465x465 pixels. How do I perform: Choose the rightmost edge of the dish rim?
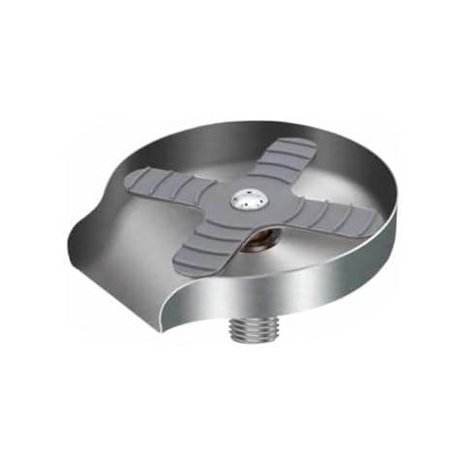[x=398, y=218]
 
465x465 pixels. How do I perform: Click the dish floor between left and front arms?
[x=145, y=232]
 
